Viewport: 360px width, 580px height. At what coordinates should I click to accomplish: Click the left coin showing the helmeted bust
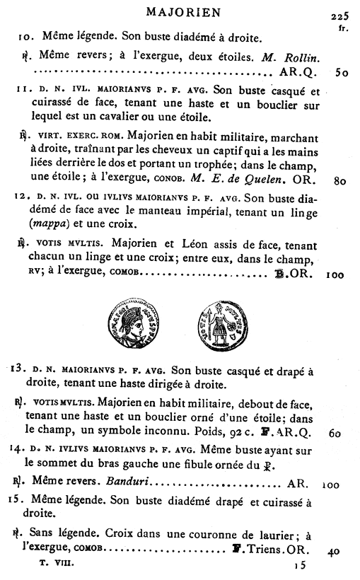(x=132, y=323)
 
